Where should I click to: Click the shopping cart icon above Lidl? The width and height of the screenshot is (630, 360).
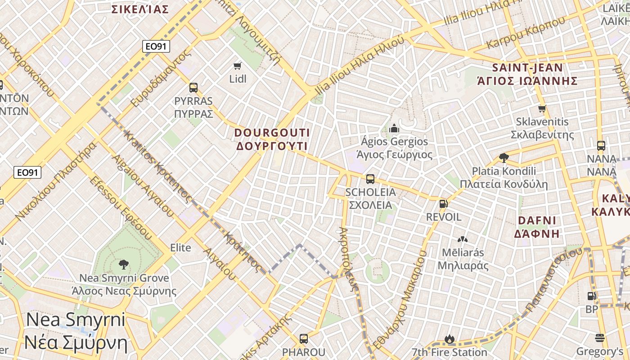[x=238, y=66]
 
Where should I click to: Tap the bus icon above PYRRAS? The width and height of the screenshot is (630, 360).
[x=193, y=88]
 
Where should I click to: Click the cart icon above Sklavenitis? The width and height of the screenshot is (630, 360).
[x=542, y=108]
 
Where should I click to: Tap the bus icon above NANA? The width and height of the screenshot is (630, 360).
[x=601, y=146]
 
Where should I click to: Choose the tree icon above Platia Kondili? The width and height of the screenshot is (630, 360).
[x=504, y=157]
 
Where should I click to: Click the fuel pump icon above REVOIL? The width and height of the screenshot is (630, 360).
[x=443, y=204]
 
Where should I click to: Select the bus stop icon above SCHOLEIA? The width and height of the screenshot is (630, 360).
[x=370, y=179]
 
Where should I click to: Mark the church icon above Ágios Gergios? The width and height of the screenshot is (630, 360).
[x=394, y=128]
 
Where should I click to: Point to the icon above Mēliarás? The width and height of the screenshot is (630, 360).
[x=463, y=239]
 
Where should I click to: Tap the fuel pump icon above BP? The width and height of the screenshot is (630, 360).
[x=592, y=296]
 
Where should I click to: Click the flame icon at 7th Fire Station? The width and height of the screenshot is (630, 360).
[x=449, y=339]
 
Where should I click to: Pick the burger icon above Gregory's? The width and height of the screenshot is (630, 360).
[x=599, y=337]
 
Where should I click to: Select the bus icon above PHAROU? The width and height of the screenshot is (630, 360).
[x=304, y=339]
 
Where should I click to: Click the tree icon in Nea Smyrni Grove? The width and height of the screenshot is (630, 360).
[x=123, y=265]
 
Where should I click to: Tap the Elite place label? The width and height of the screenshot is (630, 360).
[x=180, y=247]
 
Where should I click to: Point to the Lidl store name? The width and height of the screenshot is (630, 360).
[x=238, y=79]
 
